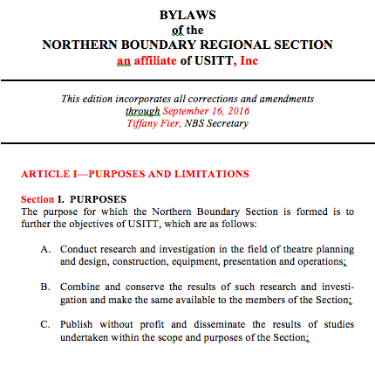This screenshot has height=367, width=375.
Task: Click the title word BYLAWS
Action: pos(187,16)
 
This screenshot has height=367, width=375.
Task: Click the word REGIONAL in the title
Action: pos(230,46)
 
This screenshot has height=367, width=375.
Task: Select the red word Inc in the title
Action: pos(249,62)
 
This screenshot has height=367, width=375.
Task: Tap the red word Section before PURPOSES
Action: pos(37,199)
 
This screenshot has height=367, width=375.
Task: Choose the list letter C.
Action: pos(45,324)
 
